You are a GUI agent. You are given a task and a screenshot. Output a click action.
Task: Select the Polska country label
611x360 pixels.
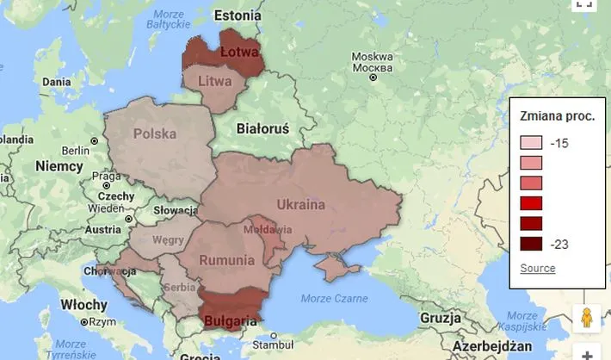[x=155, y=133]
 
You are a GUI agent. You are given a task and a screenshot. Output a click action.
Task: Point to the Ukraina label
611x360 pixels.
[x=301, y=205]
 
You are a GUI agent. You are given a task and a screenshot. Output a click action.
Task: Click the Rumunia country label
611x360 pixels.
[x=226, y=260]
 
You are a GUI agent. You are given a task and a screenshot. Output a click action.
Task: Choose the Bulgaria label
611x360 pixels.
[x=230, y=321]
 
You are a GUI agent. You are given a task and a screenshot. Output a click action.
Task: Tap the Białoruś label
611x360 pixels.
[x=262, y=128]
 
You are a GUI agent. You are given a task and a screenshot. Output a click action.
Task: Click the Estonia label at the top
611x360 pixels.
[x=237, y=15]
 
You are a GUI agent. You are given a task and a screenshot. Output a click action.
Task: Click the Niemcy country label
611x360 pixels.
[x=59, y=165]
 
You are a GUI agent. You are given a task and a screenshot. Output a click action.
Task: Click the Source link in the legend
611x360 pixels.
[x=538, y=268]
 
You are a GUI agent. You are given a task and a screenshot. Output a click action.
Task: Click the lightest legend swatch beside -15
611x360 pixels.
[x=531, y=143]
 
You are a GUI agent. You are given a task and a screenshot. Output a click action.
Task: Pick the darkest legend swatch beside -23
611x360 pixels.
[x=531, y=243]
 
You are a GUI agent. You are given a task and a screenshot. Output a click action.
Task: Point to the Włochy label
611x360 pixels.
[x=84, y=305]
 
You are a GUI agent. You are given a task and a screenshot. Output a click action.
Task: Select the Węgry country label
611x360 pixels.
[x=167, y=240]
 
